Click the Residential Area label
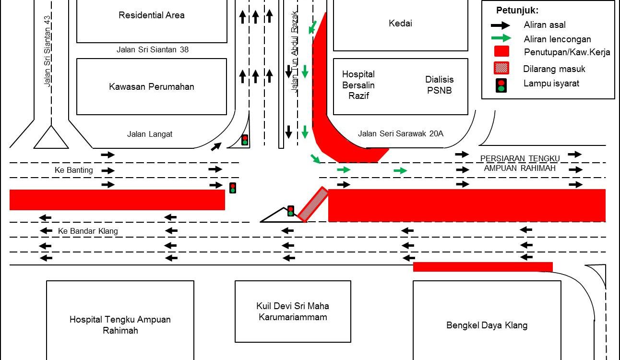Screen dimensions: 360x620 [152, 15]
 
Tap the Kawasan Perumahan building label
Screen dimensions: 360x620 [152, 87]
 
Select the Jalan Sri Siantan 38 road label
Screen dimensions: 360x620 [153, 49]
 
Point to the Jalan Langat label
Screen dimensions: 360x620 [150, 134]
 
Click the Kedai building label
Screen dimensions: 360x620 [400, 24]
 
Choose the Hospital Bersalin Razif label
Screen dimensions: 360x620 [358, 85]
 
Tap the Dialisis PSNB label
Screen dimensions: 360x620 [439, 85]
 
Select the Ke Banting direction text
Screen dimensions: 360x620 [73, 170]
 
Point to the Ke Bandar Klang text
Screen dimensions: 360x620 [88, 231]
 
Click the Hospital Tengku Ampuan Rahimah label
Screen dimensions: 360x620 [120, 325]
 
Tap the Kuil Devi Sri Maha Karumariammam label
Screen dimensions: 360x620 [293, 312]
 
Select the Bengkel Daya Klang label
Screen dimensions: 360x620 [487, 325]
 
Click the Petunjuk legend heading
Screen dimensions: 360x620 [517, 10]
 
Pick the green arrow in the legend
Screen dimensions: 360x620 [501, 38]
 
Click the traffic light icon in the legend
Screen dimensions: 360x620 [501, 84]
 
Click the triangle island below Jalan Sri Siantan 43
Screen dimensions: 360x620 [51, 138]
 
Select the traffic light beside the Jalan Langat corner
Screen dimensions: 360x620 [245, 140]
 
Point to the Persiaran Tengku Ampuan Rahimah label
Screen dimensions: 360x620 [520, 163]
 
